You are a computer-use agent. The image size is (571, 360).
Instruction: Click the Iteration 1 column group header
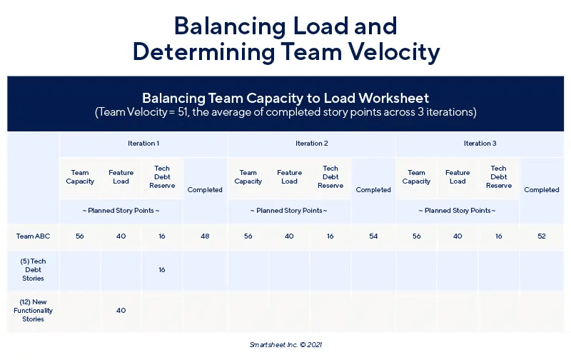[x=143, y=143]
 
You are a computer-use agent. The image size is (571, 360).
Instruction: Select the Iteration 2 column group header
[x=311, y=143]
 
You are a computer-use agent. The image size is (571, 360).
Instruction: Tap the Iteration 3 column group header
[x=480, y=143]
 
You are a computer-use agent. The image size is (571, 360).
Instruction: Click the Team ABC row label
[x=33, y=236]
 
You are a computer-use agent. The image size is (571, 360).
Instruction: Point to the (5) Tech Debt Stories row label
[x=33, y=269]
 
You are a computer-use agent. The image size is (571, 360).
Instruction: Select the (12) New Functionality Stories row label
[x=33, y=311]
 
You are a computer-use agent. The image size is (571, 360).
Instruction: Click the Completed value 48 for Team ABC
[x=205, y=236]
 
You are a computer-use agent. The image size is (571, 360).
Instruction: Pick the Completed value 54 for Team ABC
[x=373, y=236]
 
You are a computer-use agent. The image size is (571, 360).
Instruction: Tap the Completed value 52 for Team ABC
[x=542, y=236]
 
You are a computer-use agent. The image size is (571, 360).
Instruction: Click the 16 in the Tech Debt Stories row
[x=162, y=269]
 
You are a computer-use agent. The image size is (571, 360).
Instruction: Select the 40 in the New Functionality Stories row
[x=121, y=311]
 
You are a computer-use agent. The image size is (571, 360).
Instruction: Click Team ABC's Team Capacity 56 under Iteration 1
[x=80, y=236]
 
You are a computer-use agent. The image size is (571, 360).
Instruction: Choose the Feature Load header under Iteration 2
[x=289, y=176]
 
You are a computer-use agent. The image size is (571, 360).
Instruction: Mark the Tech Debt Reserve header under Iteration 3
[x=498, y=176]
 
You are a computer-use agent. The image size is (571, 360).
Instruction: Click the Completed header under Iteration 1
[x=205, y=190]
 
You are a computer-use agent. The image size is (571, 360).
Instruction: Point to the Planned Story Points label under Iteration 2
[x=289, y=211]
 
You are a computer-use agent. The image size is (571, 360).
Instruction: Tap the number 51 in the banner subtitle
[x=183, y=112]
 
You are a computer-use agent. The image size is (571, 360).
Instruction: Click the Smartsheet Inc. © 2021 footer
[x=286, y=345]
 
